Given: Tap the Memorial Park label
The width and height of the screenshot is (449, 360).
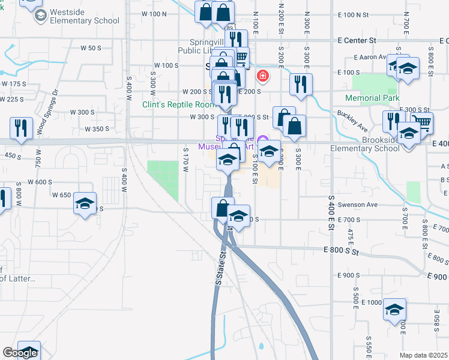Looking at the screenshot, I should (x=372, y=98).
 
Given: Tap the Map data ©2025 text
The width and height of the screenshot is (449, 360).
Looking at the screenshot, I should (x=423, y=355).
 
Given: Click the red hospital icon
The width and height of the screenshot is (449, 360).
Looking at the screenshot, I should (x=262, y=76).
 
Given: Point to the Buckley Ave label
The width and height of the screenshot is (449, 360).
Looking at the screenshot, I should (x=352, y=118).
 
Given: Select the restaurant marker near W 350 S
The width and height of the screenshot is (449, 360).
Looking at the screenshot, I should (x=20, y=128).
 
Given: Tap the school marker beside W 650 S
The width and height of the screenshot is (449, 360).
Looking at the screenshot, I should (x=85, y=204).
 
